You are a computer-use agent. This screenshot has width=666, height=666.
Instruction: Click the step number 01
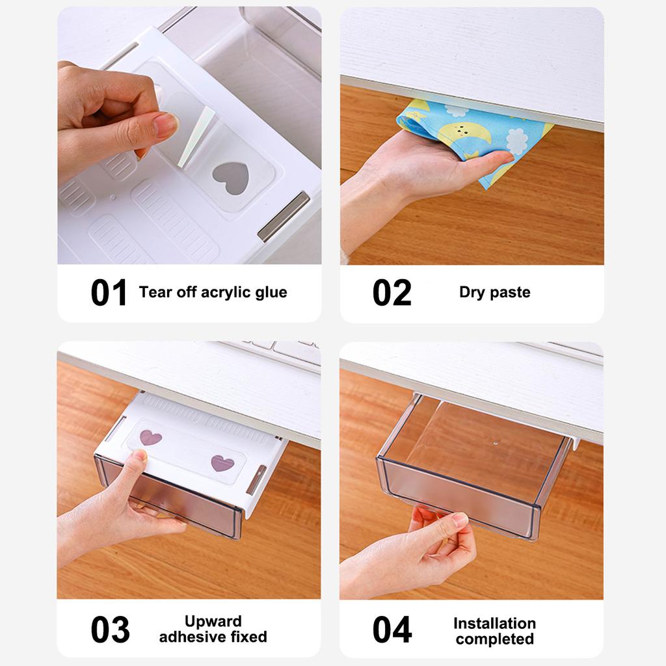point(109,293)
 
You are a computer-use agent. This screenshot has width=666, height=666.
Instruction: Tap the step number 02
point(392,293)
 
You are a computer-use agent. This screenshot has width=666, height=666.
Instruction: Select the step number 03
point(110,630)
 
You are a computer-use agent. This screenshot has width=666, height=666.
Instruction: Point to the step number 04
point(392,630)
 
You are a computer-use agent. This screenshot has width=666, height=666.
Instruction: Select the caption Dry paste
point(494,292)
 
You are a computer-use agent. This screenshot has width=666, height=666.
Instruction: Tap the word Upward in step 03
point(213,621)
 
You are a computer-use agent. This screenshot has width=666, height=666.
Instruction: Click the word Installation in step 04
point(494,623)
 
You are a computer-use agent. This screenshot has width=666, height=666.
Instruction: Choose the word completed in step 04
point(494,639)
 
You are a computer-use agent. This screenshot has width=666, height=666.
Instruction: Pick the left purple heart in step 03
point(150,437)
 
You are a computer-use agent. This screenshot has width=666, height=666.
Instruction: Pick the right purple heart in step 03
point(222,463)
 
